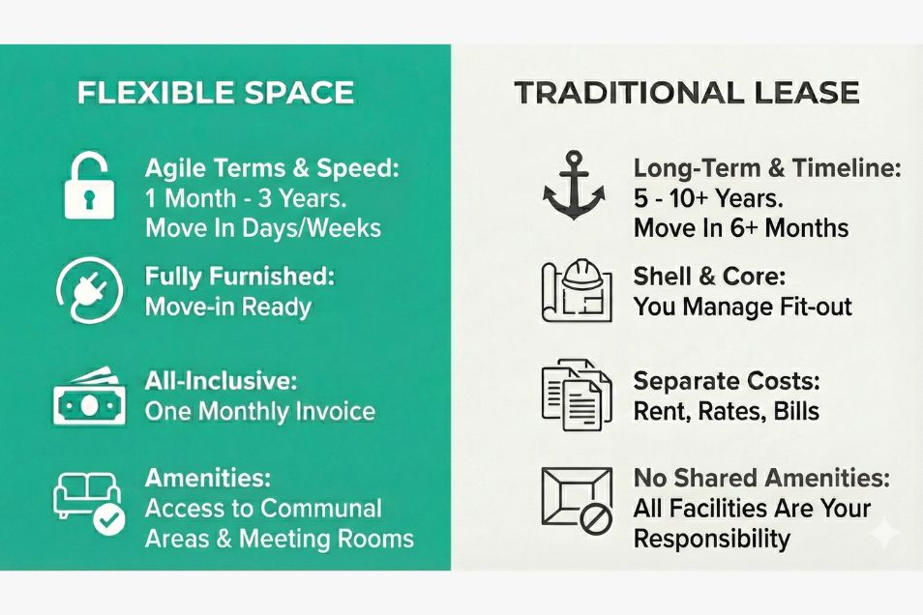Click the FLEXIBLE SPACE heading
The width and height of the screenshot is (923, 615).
[x=215, y=93]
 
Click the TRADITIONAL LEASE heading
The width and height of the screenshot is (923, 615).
[x=686, y=93]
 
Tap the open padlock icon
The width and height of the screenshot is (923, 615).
[x=89, y=185]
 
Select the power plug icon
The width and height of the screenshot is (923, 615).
[x=88, y=291]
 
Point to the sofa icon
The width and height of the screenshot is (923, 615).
[x=83, y=496]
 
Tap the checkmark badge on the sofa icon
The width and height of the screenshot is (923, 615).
[x=108, y=520]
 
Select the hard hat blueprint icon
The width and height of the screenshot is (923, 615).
[x=577, y=290]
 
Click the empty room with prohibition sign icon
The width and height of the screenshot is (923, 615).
[x=578, y=500]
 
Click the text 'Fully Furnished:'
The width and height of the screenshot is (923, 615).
[x=239, y=277]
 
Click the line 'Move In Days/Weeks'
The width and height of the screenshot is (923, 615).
[x=262, y=228]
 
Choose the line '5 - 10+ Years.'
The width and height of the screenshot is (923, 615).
[x=707, y=199]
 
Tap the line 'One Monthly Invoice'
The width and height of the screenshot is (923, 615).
[x=259, y=411]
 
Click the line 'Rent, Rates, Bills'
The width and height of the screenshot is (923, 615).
[x=726, y=411]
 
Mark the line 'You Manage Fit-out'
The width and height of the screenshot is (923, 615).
[x=742, y=307]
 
